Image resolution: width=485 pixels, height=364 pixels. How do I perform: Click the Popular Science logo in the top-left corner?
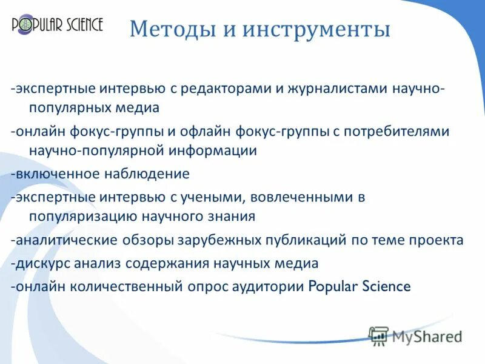click(x=58, y=25)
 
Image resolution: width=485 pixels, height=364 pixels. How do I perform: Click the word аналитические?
click(x=67, y=240)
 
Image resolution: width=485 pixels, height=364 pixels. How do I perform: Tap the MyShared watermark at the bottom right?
click(x=416, y=336)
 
